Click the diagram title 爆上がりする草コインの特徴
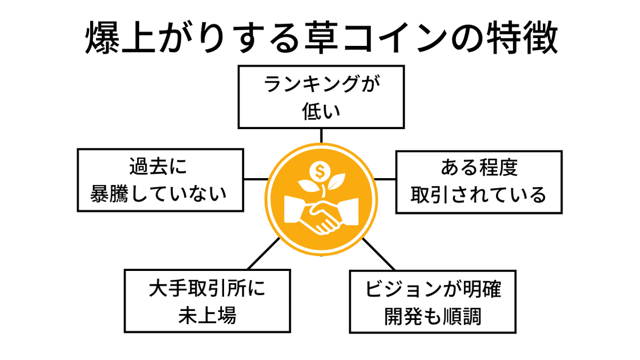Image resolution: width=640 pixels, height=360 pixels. tap(320, 39)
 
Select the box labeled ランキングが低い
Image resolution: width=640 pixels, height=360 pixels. tap(321, 97)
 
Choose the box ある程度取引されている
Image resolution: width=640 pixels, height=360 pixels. tap(478, 182)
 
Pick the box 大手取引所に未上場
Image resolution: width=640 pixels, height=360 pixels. tap(207, 301)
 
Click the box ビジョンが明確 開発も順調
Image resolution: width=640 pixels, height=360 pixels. tap(433, 301)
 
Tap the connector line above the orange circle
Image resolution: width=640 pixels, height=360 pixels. tap(321, 135)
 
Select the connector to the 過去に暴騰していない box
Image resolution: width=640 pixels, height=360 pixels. tap(255, 179)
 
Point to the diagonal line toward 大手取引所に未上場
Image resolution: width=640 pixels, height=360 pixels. tap(263, 253)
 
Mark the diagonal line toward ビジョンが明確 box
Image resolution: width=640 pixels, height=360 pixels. tap(379, 254)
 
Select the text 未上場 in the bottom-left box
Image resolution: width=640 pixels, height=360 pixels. tap(207, 315)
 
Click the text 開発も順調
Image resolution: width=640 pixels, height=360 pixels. tap(433, 316)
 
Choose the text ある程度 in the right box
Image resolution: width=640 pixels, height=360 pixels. tap(478, 169)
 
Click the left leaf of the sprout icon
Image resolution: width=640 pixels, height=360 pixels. tap(308, 187)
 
